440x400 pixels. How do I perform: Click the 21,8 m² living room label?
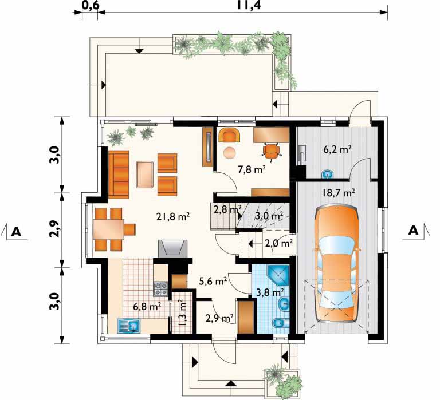click(x=172, y=216)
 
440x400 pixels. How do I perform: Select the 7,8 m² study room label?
click(x=252, y=169)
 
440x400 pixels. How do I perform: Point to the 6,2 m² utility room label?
click(x=338, y=149)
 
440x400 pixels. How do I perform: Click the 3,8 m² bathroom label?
click(x=270, y=292)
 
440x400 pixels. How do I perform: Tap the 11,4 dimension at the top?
click(x=249, y=5)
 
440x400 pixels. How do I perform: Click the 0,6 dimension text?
click(x=90, y=5)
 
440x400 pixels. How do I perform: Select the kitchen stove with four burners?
click(x=160, y=289)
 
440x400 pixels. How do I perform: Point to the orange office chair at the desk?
click(x=272, y=152)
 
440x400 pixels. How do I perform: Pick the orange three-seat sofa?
click(x=119, y=175)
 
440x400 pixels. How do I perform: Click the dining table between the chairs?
click(x=108, y=229)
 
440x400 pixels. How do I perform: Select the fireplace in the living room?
click(x=172, y=248)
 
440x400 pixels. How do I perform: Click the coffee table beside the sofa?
click(x=145, y=174)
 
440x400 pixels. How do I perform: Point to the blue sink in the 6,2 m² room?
click(x=327, y=174)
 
